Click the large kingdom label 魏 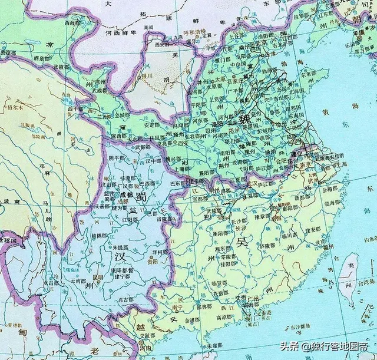tap(245, 118)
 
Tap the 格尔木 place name tap(16, 107)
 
